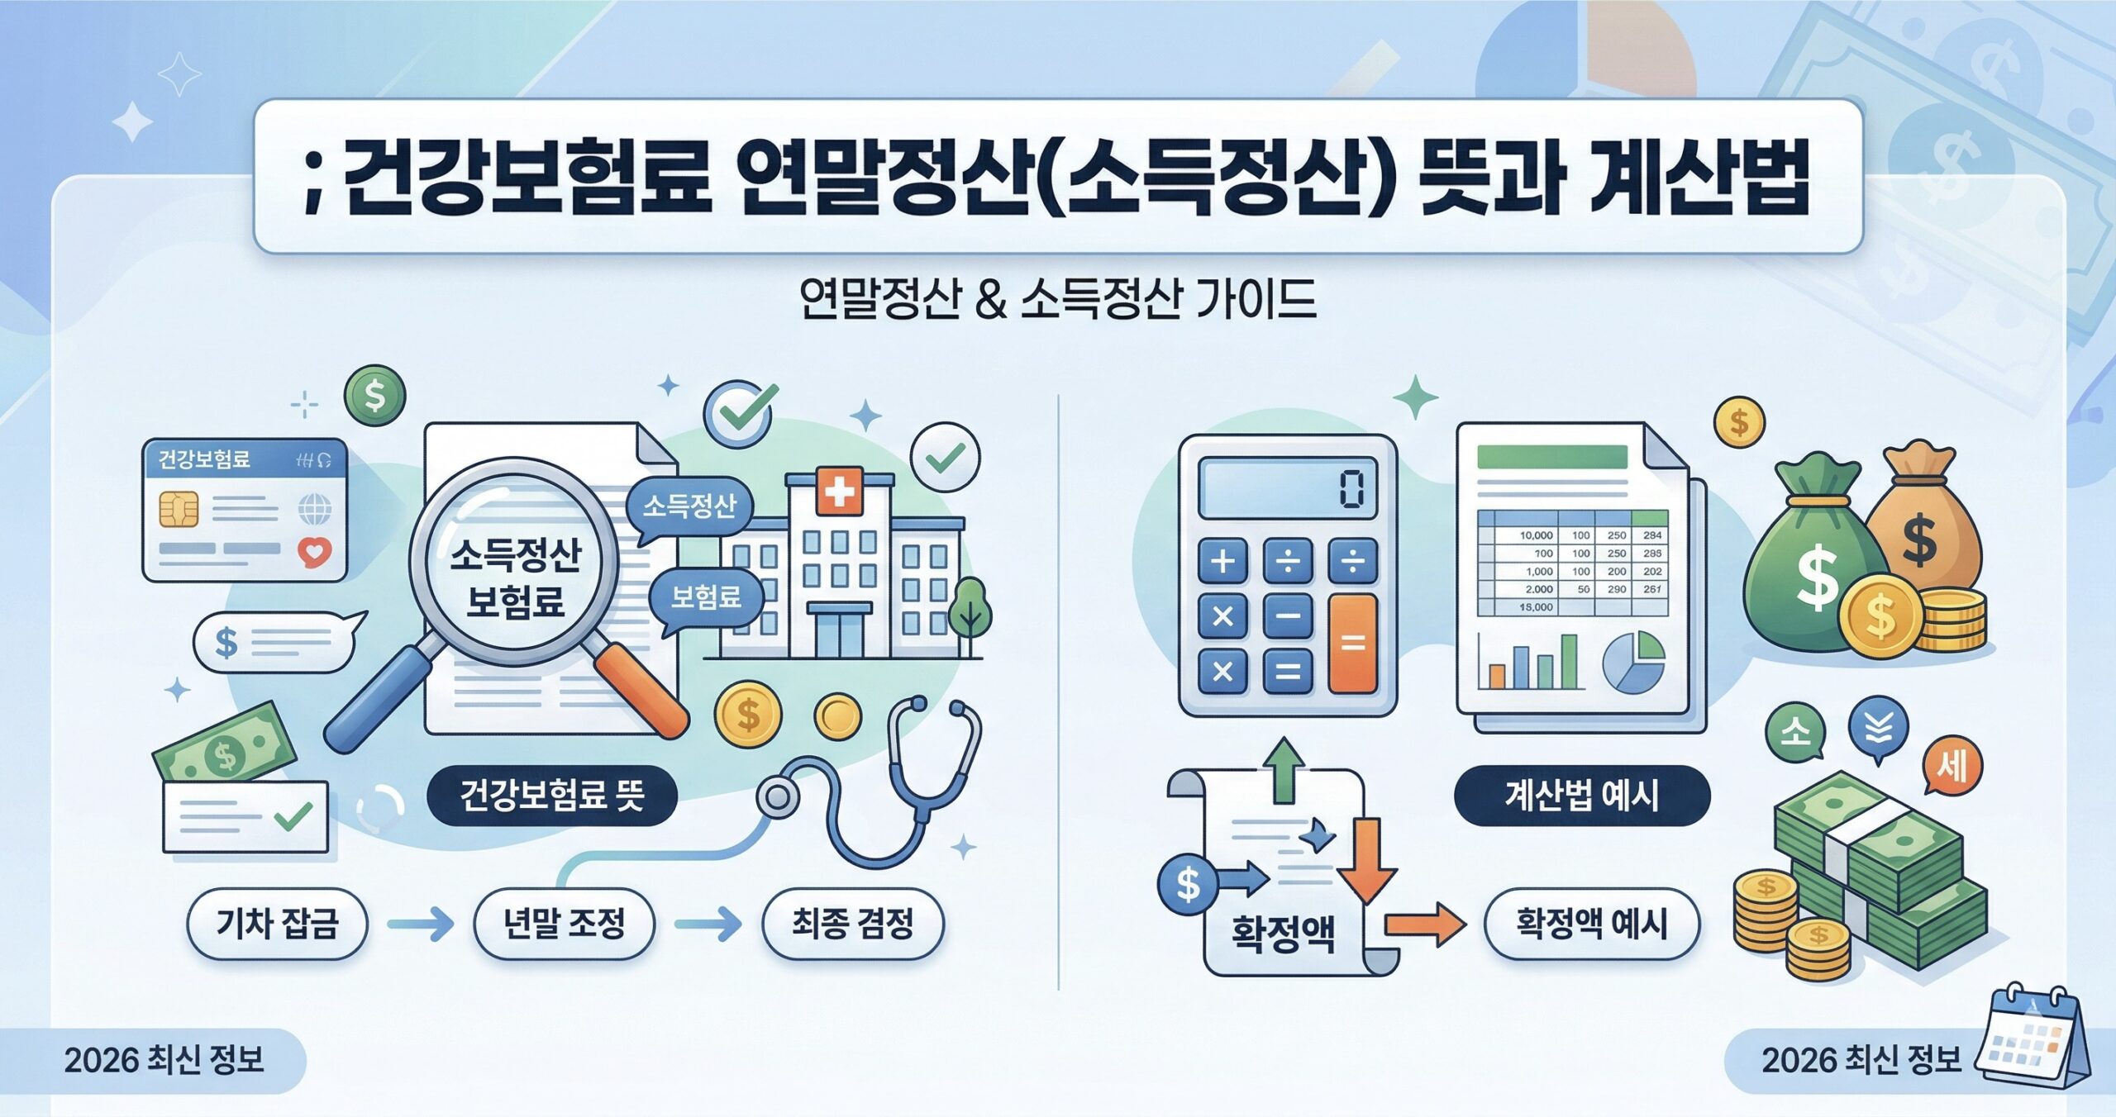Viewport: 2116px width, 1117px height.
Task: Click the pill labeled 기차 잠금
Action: point(277,924)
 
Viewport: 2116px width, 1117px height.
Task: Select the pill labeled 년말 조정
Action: point(564,924)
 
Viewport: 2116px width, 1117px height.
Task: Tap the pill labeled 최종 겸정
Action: point(852,924)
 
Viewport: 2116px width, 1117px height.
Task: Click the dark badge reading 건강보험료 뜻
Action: point(551,796)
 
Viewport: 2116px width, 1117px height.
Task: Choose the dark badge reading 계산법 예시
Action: point(1581,796)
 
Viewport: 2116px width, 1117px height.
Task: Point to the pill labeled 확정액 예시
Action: point(1591,924)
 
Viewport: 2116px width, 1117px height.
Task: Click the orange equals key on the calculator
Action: point(1352,643)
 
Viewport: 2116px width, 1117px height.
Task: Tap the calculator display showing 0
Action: point(1288,487)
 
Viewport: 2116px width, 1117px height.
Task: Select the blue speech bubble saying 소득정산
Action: point(689,506)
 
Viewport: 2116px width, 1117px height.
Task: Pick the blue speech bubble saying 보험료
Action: point(705,597)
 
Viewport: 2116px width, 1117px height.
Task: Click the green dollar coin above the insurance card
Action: point(375,396)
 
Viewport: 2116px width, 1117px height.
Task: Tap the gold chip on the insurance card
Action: point(179,509)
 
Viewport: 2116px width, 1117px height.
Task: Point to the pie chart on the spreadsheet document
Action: point(1633,662)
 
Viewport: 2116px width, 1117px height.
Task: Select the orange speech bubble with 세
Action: point(1952,767)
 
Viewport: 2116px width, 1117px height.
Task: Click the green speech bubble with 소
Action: point(1795,731)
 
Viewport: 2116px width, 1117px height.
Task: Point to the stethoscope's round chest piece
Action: point(777,796)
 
